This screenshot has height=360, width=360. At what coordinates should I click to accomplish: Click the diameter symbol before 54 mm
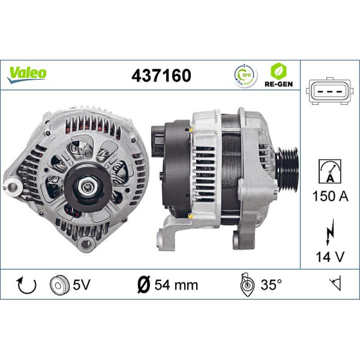pos(143,285)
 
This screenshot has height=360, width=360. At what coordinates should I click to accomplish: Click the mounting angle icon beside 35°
pos(247,284)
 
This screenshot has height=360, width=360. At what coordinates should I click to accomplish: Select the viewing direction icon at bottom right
pos(335,284)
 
